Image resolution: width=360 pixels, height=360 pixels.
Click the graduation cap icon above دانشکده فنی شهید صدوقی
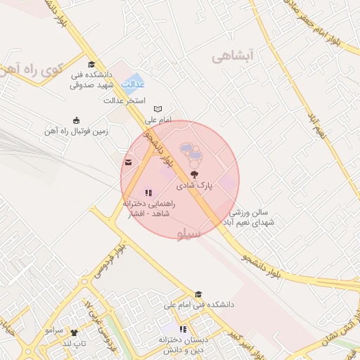[91, 65]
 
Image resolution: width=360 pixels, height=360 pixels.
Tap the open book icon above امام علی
[158, 109]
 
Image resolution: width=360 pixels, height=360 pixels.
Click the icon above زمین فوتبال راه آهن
[76, 120]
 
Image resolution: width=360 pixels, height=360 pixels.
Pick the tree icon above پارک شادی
[194, 173]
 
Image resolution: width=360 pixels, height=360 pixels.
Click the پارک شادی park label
[193, 186]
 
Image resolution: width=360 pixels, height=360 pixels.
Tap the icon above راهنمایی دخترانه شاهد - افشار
[148, 192]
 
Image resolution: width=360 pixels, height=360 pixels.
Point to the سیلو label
[189, 234]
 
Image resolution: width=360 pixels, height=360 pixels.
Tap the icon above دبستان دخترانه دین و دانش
[183, 328]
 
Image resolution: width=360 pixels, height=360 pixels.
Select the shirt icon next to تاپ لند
[74, 332]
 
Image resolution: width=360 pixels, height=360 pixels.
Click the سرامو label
[54, 330]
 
